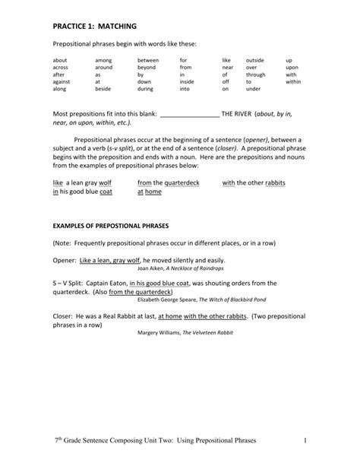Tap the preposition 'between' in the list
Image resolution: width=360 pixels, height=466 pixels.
(x=148, y=59)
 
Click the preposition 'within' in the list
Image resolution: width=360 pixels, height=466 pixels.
(x=294, y=81)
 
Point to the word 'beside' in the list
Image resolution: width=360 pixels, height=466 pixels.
(x=103, y=89)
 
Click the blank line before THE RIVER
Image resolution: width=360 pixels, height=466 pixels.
(x=190, y=113)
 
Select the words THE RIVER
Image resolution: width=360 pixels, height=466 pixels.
(x=237, y=113)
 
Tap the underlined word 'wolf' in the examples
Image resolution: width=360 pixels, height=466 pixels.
(x=105, y=182)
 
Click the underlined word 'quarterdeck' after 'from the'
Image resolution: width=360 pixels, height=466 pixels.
(x=182, y=182)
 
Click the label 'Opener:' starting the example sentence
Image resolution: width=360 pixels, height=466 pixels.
(x=64, y=260)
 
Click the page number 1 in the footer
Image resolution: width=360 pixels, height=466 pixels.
(x=302, y=440)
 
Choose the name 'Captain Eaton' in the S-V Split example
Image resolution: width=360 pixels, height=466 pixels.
(x=106, y=282)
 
